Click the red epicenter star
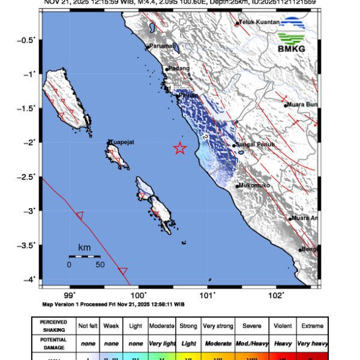pos(180,149)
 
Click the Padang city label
pos(179,68)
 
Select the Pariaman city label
pos(162,46)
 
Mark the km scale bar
pos(84,256)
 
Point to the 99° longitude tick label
pos(70,295)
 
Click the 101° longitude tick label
pos(208,295)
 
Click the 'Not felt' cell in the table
pos(89,326)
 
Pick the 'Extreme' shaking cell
pos(311,326)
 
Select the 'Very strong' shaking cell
pos(217,326)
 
